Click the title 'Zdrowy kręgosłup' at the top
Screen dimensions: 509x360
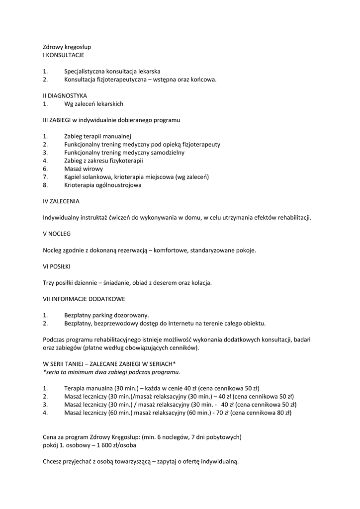click(67, 47)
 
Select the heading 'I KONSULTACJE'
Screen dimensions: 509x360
click(64, 55)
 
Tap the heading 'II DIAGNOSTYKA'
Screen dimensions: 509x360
click(65, 95)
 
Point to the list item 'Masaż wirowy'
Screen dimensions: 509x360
click(84, 169)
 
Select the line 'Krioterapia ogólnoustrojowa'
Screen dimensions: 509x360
click(102, 185)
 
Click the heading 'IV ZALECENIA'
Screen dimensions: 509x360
click(61, 201)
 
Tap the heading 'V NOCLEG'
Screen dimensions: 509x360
click(57, 234)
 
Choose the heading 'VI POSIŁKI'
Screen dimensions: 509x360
click(58, 266)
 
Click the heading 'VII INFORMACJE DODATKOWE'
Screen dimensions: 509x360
click(84, 299)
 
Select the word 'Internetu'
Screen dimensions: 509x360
click(200, 323)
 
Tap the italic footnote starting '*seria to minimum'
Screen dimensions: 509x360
click(111, 372)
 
